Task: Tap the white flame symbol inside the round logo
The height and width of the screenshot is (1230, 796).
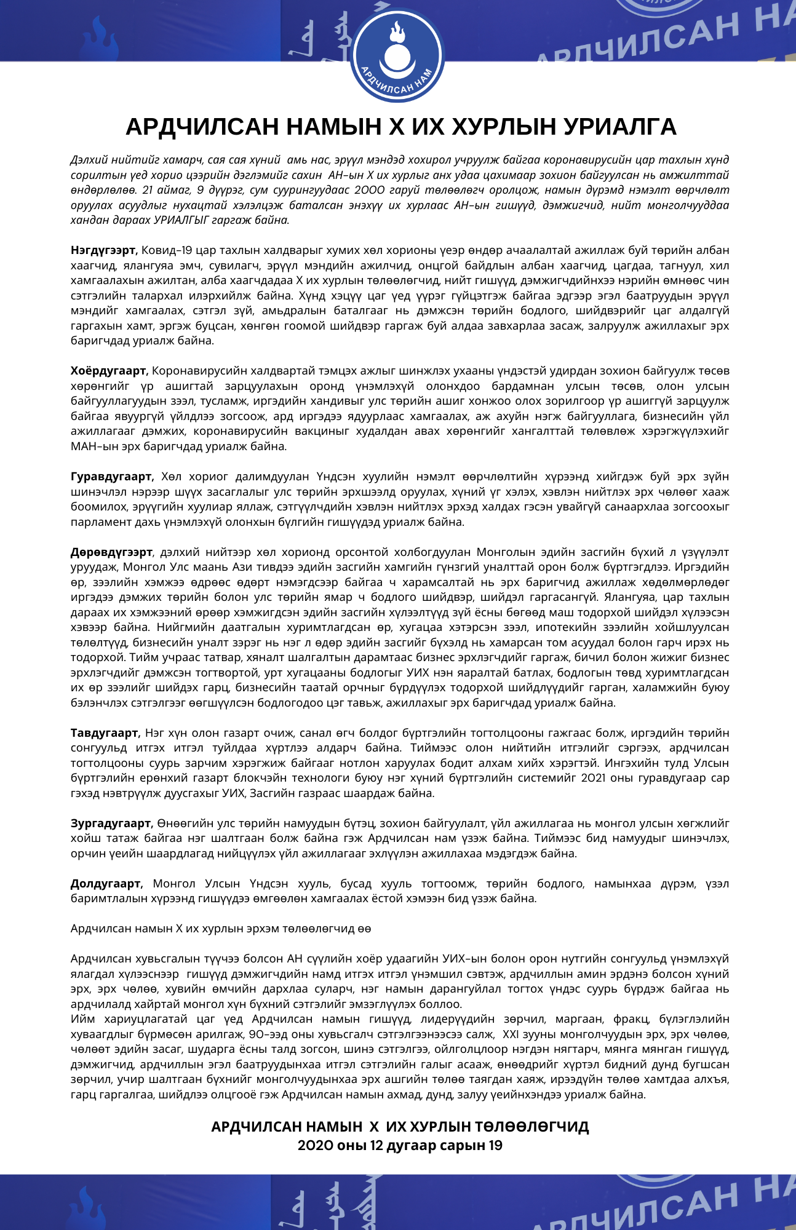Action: pos(397,31)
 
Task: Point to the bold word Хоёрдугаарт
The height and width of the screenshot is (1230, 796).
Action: pos(109,371)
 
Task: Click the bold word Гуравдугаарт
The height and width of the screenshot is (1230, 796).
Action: pos(111,477)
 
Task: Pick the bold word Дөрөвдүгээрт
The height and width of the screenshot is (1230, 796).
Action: pos(111,552)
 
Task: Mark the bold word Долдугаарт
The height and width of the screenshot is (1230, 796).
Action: pos(106,883)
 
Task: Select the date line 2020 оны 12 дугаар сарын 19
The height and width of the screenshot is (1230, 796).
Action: pos(400,1145)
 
